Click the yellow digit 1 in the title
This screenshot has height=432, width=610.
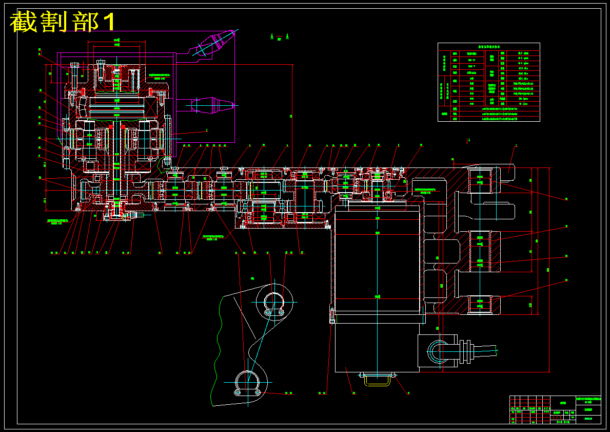point(109,22)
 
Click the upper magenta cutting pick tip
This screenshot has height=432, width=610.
point(230,35)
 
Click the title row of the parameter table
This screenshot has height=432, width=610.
point(488,46)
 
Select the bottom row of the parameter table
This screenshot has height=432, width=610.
point(488,119)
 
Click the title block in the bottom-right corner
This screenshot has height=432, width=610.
point(555,409)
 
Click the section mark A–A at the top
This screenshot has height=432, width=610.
point(279,36)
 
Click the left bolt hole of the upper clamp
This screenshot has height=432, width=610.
point(267,312)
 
